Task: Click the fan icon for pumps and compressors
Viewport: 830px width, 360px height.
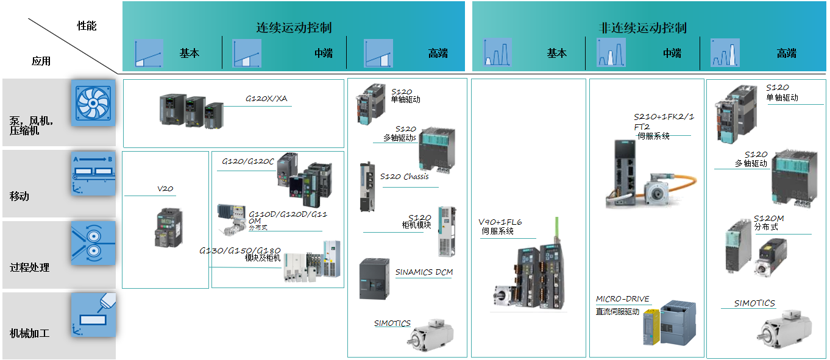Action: [93, 102]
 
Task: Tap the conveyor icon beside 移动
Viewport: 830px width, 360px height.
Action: [93, 174]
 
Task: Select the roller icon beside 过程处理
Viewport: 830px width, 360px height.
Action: [93, 243]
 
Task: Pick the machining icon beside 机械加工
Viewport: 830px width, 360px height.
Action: [93, 314]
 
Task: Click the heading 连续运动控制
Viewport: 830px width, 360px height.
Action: [294, 28]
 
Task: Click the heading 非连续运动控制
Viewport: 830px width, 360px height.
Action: [643, 28]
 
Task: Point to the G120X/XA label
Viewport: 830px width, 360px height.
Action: [266, 99]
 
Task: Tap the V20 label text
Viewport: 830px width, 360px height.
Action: [165, 189]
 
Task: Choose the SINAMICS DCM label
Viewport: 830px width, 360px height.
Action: [424, 272]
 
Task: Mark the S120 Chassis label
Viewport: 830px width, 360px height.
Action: [405, 177]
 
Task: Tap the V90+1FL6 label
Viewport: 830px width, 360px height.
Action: [500, 222]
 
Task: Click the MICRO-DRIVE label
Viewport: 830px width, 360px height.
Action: [623, 299]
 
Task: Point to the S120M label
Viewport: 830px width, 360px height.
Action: [769, 219]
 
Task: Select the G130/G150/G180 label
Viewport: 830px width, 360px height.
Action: [240, 250]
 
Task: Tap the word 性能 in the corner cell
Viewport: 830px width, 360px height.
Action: [87, 26]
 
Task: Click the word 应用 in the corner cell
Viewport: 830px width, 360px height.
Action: [41, 61]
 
